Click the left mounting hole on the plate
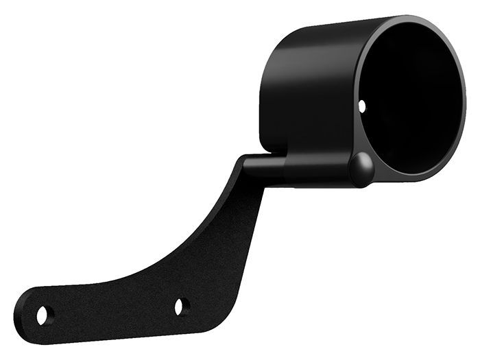pos(43,315)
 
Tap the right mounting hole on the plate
pos(180,307)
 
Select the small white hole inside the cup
pos(363,105)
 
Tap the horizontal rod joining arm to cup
pos(264,168)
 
